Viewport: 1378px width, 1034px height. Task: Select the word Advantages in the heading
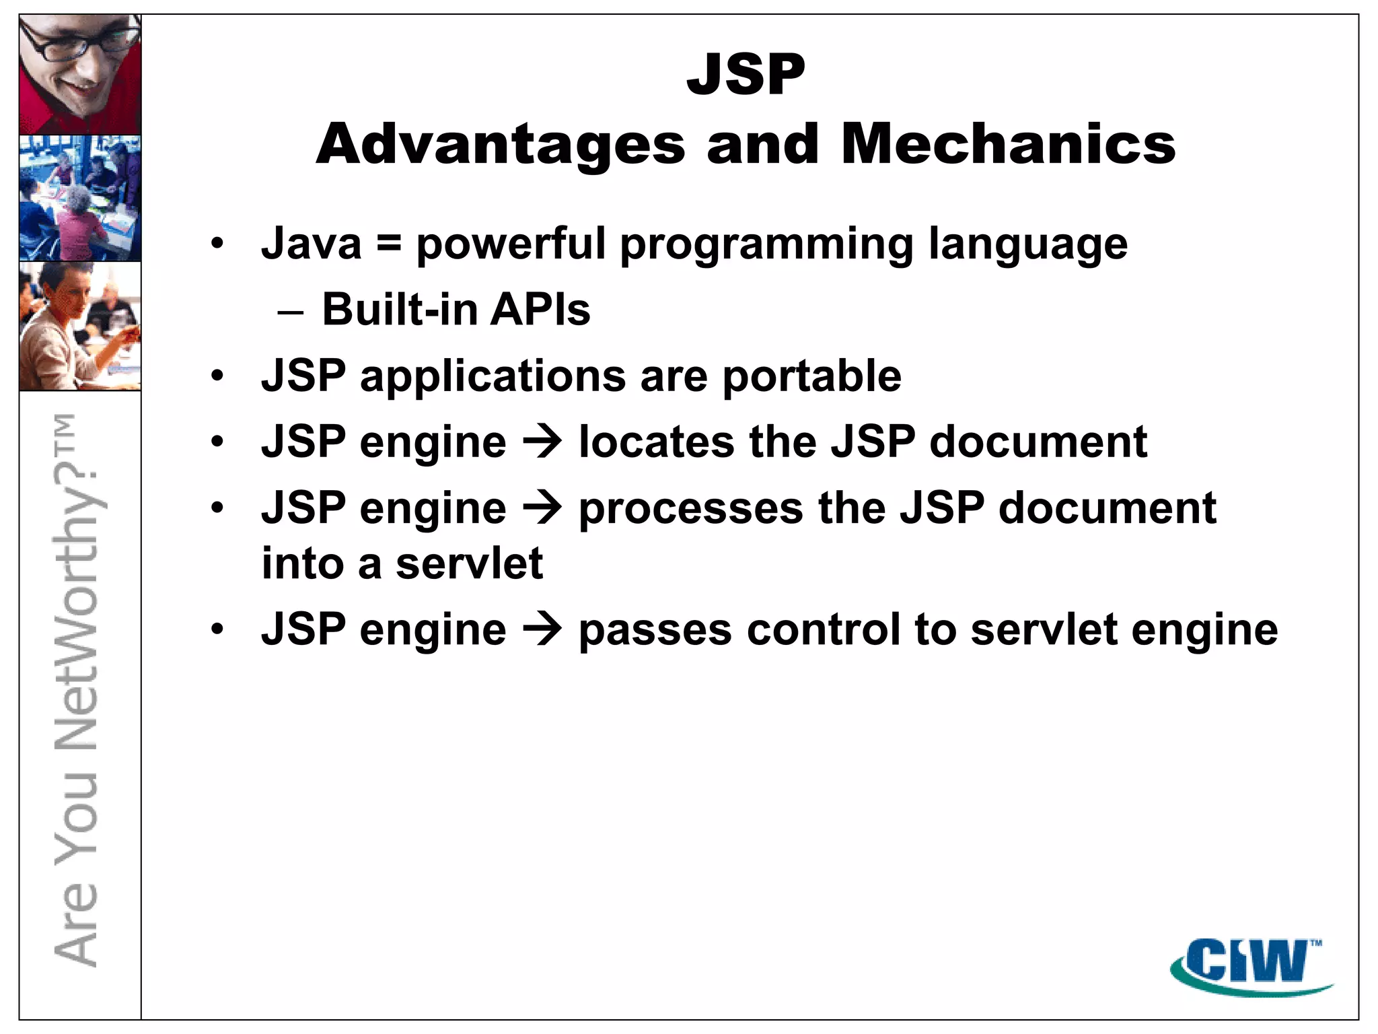point(501,145)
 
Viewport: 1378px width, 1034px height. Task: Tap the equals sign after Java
point(389,244)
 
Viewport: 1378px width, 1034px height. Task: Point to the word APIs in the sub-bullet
point(540,310)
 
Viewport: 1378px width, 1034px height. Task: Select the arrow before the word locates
point(542,442)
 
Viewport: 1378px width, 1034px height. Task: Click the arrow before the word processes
point(542,508)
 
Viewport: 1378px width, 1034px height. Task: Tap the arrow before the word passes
point(542,630)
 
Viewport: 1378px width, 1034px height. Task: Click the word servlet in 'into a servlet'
point(468,563)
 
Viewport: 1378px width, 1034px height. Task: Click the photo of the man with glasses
point(80,75)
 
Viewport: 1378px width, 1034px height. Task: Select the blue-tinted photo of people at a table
point(80,198)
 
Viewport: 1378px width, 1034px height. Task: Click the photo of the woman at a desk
point(80,326)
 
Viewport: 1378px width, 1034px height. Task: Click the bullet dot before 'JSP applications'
point(217,376)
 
